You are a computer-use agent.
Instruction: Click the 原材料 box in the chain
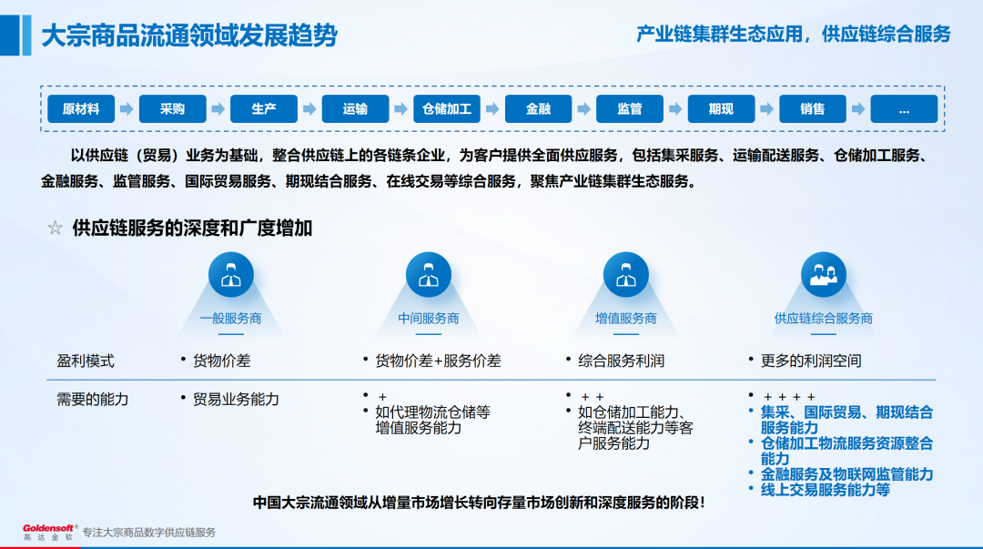(x=80, y=109)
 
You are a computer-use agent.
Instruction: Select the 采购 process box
(x=172, y=109)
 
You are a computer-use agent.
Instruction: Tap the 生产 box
(x=264, y=109)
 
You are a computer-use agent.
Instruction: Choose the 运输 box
(x=355, y=109)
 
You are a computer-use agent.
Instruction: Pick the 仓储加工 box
(x=447, y=109)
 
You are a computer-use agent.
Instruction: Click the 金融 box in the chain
(x=538, y=109)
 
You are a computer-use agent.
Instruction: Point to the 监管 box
(x=630, y=109)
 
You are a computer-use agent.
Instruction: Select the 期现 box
(x=721, y=109)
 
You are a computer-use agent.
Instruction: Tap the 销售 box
(x=813, y=109)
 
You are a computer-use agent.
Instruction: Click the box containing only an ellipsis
(x=904, y=109)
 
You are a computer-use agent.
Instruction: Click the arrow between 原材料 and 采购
(x=127, y=109)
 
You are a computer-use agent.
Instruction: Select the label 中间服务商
(x=429, y=319)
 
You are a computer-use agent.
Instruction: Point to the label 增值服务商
(x=626, y=319)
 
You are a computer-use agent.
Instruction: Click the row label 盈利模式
(x=86, y=361)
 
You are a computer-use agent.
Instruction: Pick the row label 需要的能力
(x=93, y=400)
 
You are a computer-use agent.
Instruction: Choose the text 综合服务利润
(x=622, y=361)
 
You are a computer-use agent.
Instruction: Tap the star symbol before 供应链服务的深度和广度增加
(x=56, y=229)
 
